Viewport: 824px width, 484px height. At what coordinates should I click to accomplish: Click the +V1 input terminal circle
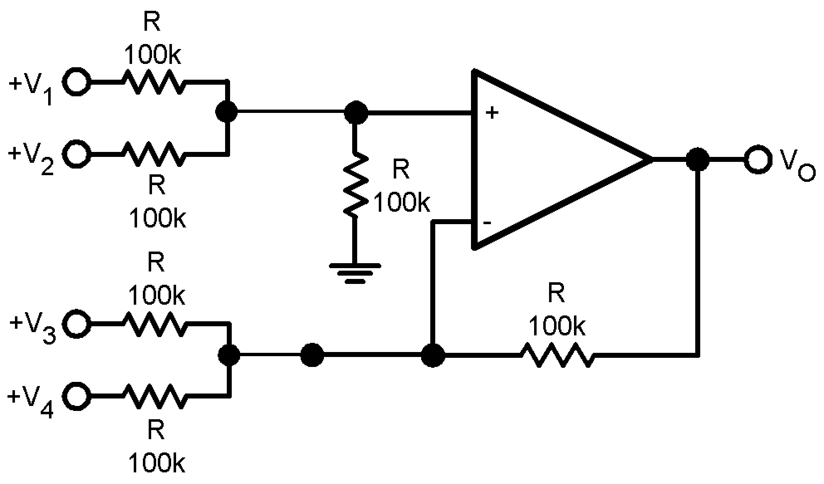coord(76,82)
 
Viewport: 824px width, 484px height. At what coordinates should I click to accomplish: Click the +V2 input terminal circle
coord(76,154)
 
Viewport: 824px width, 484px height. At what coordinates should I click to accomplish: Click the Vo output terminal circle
coord(758,159)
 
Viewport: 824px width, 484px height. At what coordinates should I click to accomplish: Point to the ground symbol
coord(355,272)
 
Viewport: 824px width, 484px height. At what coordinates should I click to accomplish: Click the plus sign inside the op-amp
coord(492,112)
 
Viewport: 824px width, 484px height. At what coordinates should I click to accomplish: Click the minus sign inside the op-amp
coord(487,223)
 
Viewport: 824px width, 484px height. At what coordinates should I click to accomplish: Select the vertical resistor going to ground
coord(355,184)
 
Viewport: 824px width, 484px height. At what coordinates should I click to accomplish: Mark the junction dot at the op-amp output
coord(698,159)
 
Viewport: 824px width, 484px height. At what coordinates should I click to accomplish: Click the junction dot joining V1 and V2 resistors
coord(227,112)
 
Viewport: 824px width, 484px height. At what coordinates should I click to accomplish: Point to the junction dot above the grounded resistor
coord(356,112)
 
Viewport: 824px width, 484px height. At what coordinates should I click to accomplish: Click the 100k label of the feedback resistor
coord(557,326)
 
